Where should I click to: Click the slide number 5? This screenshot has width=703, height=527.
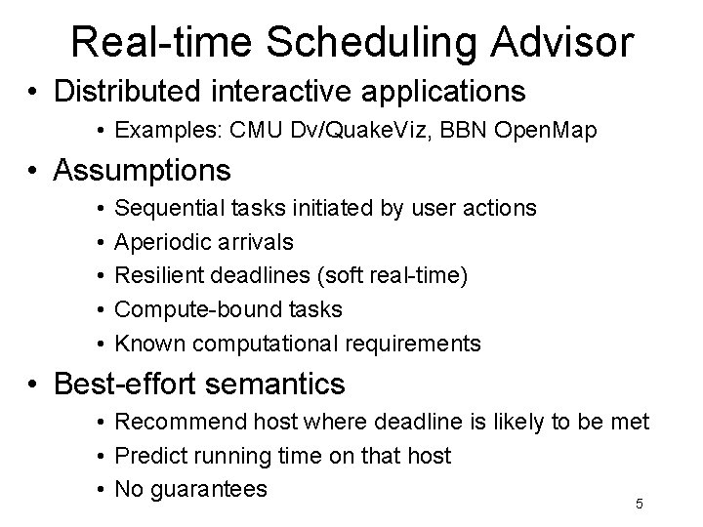pos(639,504)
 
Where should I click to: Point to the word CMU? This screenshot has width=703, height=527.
pos(243,130)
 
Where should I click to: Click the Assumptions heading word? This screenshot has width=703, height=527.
pos(143,171)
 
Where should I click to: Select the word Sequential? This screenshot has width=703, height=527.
pos(167,208)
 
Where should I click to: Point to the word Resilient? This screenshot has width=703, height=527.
pos(157,276)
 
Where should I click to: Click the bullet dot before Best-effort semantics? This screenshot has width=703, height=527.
pos(35,385)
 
